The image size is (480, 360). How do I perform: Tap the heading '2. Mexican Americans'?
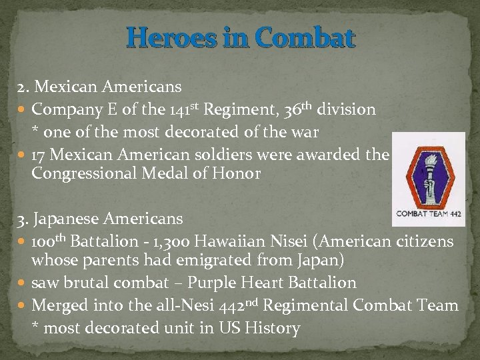point(100,87)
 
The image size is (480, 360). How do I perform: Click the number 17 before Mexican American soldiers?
point(39,155)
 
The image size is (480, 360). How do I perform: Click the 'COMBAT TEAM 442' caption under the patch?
point(428,215)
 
